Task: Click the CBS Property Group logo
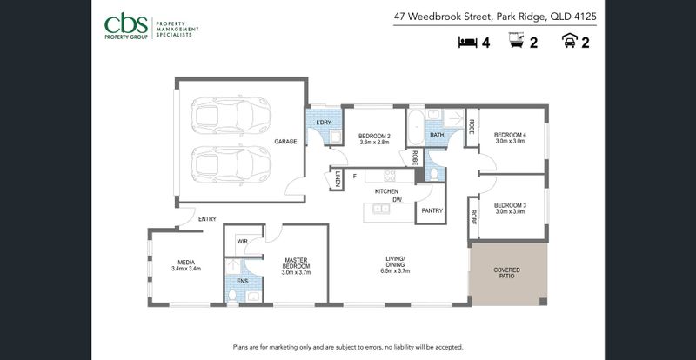coord(151,28)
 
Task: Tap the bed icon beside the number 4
coord(467,43)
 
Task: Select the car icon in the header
coord(569,41)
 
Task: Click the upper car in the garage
coord(231,116)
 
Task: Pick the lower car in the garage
coord(231,164)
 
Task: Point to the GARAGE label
coord(285,142)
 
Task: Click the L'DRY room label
coord(324,123)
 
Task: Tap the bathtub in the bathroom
coord(416,128)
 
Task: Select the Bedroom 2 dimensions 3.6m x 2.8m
coord(374,143)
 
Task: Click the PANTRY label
coord(432,210)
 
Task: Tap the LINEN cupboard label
coord(338,179)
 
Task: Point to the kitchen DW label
coord(397,200)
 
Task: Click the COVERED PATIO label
coord(507,273)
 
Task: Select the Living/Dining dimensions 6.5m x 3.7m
coord(395,270)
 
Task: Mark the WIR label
coord(242,242)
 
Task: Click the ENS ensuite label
coord(243,281)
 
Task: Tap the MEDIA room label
coord(186,263)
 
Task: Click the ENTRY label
coord(207,219)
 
